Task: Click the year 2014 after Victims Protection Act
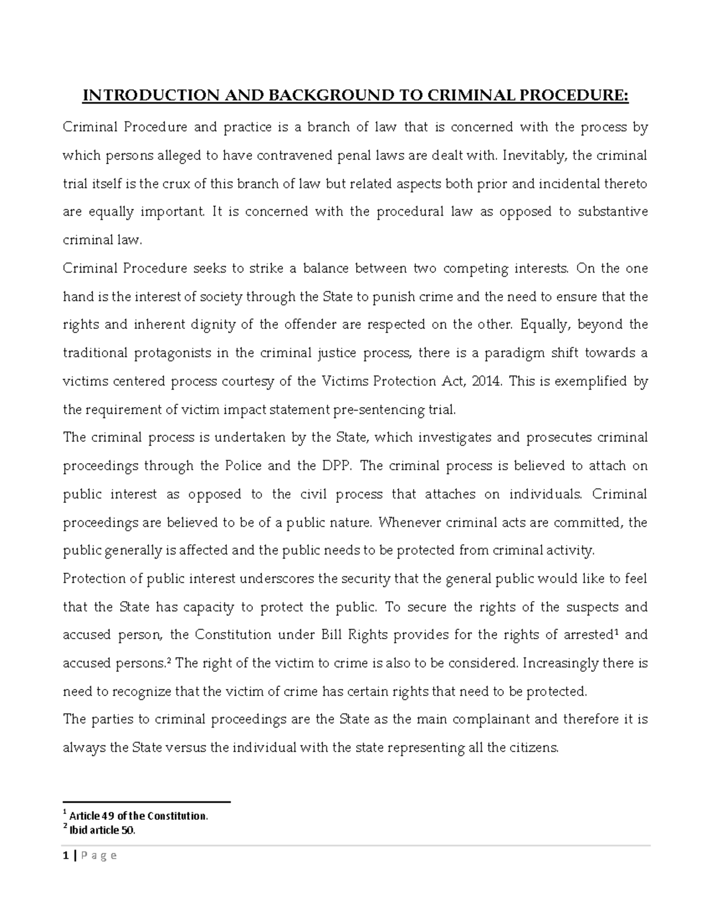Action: (x=486, y=382)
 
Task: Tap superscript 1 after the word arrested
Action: (x=615, y=632)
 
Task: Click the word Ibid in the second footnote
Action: (x=78, y=831)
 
